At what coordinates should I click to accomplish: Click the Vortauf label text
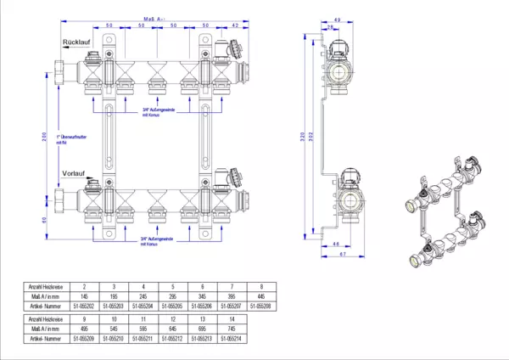click(x=75, y=173)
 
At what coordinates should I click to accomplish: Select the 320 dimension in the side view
click(x=304, y=136)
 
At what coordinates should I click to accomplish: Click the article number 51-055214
click(x=230, y=339)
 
